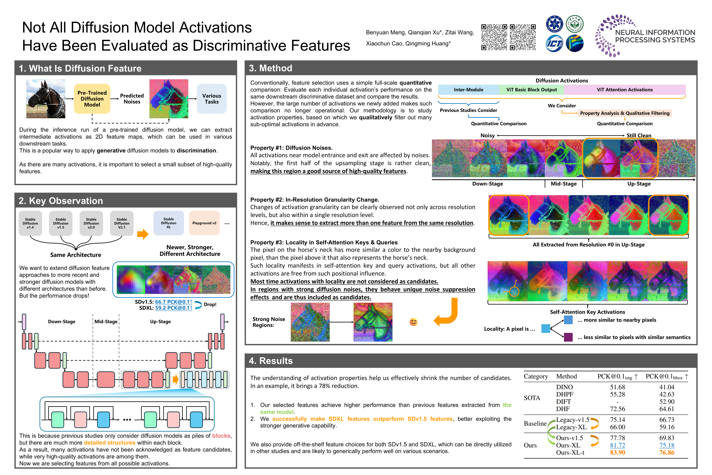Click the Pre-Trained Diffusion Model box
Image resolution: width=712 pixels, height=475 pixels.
pyautogui.click(x=92, y=99)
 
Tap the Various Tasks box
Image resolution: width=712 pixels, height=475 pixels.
pyautogui.click(x=212, y=99)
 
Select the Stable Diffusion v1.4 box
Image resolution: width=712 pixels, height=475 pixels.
pyautogui.click(x=30, y=223)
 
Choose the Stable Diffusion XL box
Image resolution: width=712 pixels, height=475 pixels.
pyautogui.click(x=169, y=223)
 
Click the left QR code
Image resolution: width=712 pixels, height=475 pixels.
pyautogui.click(x=494, y=37)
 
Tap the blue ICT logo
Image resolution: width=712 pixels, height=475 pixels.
pyautogui.click(x=554, y=44)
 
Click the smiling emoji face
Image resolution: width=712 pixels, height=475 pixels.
pyautogui.click(x=414, y=322)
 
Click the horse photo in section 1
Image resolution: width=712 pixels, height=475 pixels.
pyautogui.click(x=46, y=99)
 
